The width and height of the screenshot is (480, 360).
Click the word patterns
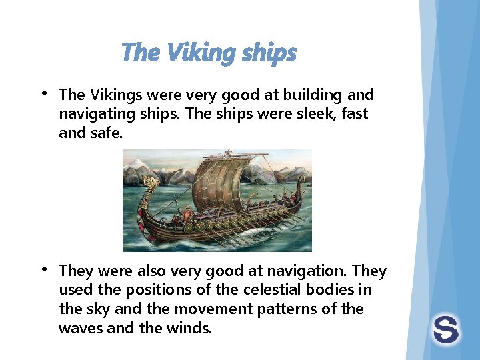tap(299, 309)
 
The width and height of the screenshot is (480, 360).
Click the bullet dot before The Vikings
tap(43, 93)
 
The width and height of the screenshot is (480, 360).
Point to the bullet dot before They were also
tap(43, 269)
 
